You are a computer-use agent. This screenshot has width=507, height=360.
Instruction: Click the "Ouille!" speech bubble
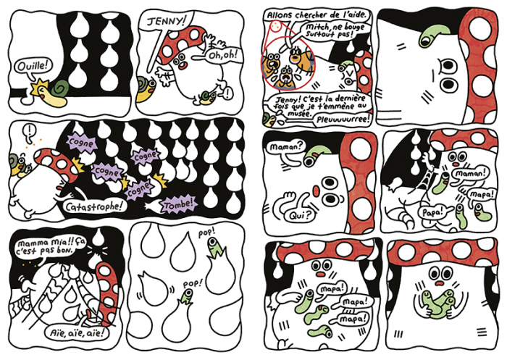pos(33,67)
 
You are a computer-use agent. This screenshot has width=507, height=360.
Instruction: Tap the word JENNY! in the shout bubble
pos(167,21)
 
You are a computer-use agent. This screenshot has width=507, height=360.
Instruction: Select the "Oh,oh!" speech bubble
pos(224,54)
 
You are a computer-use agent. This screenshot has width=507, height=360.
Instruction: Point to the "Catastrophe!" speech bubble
pos(93,206)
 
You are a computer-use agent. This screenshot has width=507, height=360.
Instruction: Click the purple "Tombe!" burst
pos(180,204)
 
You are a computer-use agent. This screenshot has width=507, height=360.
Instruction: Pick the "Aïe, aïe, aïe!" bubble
pos(77,332)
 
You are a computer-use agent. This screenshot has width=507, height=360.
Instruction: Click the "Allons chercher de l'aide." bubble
pos(317,15)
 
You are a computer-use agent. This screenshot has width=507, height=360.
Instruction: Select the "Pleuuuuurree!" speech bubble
pos(343,120)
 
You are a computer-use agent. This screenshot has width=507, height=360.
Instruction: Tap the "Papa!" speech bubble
pos(432,212)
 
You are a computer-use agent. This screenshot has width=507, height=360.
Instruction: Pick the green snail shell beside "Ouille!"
pos(59,88)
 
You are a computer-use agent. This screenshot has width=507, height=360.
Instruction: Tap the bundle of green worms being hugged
pos(437,303)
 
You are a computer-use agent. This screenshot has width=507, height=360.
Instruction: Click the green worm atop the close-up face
pos(433,35)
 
